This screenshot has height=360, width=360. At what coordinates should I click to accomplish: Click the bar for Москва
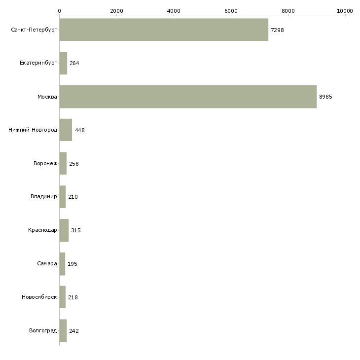[x=188, y=97]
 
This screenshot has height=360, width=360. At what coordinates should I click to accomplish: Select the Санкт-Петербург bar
[x=164, y=30]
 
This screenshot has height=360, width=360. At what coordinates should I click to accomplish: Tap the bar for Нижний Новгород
[x=66, y=130]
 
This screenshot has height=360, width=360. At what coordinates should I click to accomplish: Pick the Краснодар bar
[x=64, y=230]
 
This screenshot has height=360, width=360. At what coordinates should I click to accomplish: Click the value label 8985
[x=325, y=97]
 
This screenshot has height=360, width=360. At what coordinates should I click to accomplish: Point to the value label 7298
[x=277, y=30]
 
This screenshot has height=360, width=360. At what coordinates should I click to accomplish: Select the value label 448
[x=80, y=130]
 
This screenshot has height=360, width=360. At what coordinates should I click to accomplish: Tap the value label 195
[x=72, y=264]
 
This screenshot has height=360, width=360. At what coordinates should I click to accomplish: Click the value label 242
[x=74, y=331]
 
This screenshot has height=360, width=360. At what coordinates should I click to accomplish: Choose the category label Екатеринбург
[x=38, y=63]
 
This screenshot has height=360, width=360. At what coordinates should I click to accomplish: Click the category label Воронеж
[x=45, y=163]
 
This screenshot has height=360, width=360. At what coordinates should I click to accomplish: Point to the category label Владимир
[x=44, y=197]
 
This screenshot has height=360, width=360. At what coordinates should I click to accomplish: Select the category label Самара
[x=47, y=263]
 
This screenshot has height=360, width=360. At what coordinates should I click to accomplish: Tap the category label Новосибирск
[x=39, y=297]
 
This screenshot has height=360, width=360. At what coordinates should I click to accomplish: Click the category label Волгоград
[x=43, y=330]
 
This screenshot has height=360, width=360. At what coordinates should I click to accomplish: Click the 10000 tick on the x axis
[x=345, y=10]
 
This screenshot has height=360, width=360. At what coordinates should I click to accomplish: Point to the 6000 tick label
[x=231, y=10]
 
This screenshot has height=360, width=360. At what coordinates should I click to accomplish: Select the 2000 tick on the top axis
[x=116, y=10]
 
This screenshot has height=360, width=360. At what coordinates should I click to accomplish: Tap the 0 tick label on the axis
[x=59, y=10]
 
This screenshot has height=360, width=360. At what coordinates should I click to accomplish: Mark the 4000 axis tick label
[x=174, y=10]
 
